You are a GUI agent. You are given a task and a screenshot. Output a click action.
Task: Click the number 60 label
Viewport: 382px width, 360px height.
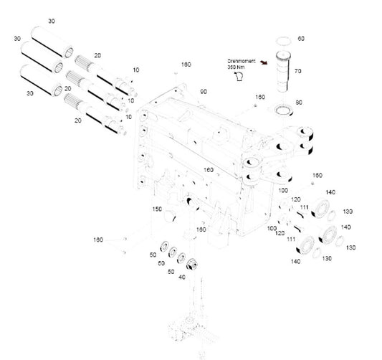pos(301,39)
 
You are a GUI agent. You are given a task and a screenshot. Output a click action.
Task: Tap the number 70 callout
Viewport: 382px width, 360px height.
pos(298,71)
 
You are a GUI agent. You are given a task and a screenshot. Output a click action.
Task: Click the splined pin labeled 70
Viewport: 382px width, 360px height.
pos(283,71)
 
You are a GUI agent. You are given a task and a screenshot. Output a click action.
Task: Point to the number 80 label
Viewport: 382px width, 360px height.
pos(299,103)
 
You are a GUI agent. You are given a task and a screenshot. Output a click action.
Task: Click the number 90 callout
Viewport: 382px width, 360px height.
pos(204,92)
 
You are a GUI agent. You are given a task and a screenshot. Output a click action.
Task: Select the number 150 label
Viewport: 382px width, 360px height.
pos(157,209)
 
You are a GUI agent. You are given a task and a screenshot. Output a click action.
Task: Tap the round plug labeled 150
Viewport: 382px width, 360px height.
pos(170,217)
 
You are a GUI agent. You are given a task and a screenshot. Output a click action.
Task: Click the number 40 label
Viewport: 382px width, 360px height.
pos(182,277)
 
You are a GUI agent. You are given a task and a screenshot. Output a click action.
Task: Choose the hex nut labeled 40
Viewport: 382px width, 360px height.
pos(192,265)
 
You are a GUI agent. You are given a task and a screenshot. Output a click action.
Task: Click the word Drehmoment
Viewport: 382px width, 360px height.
pos(242,61)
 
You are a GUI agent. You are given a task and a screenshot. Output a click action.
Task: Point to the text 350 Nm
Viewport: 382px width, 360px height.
pos(236,67)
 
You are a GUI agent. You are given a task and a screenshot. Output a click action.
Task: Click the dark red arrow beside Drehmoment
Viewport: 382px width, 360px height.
pos(264,62)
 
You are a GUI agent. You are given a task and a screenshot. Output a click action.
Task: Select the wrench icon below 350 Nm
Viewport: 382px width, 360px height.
pos(239,76)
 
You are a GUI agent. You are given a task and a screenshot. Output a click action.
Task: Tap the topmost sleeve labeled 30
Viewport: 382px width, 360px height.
pos(52,42)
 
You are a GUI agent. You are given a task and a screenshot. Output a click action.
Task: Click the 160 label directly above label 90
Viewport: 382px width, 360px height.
pos(186,65)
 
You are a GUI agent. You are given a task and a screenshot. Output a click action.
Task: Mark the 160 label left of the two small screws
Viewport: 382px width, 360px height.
pos(98,240)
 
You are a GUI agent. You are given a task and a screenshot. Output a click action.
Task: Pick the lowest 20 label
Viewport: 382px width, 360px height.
pos(78,120)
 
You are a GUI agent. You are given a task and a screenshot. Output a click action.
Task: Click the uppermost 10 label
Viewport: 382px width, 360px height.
pos(136,70)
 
